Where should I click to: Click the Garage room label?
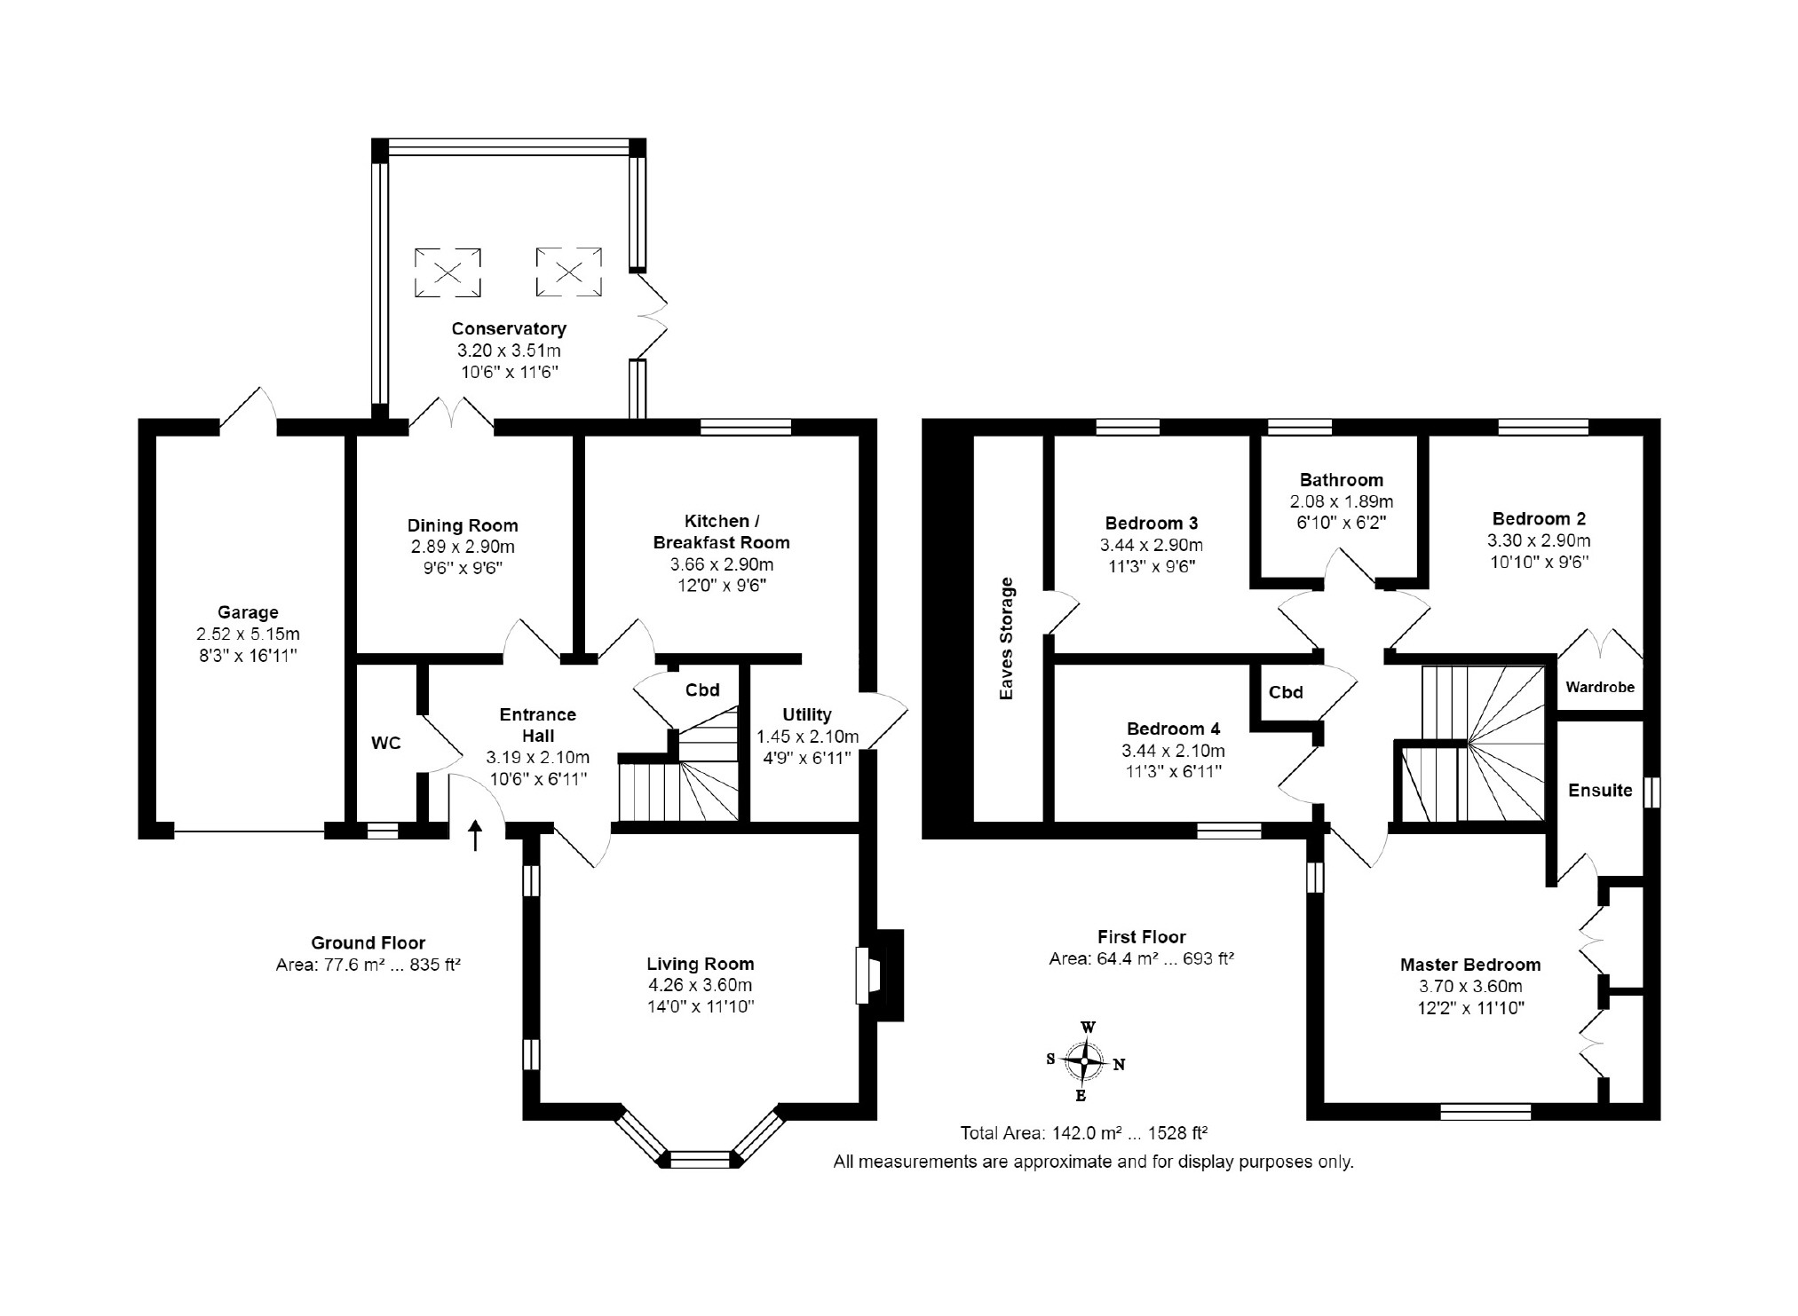click(248, 612)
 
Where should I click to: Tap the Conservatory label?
click(509, 328)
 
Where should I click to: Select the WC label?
click(386, 743)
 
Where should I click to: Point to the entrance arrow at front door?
click(476, 836)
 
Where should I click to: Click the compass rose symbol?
click(1084, 1060)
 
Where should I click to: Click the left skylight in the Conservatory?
click(448, 272)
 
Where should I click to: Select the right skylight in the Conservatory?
click(569, 272)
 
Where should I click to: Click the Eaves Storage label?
click(1006, 638)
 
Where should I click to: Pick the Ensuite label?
click(1600, 790)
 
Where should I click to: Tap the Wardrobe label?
click(1600, 687)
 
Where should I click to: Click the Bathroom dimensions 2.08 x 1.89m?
click(1342, 501)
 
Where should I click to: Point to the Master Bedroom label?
click(1470, 965)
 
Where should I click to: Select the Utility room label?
click(807, 714)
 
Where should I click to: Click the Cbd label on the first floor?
click(1286, 692)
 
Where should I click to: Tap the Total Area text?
click(1084, 1133)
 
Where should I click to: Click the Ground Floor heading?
click(368, 942)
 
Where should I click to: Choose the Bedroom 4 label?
click(1173, 729)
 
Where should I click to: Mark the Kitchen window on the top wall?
click(746, 428)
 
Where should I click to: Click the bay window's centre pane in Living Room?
click(700, 1159)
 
